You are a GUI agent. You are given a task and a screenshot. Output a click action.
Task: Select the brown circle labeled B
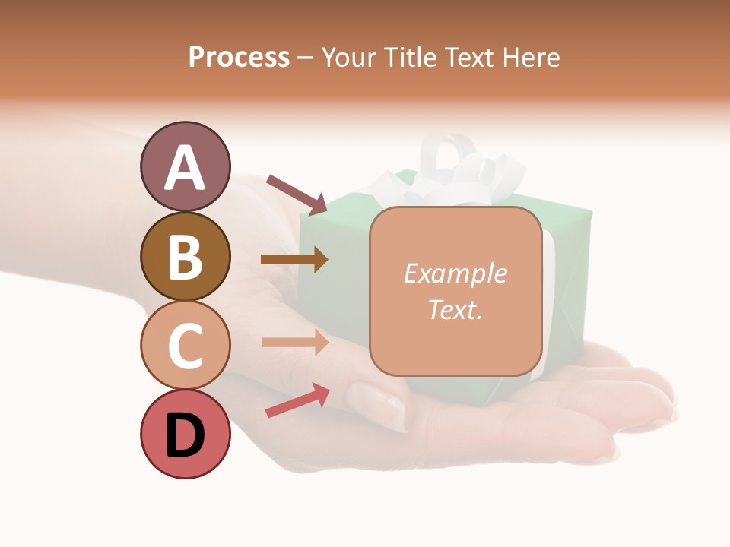(185, 256)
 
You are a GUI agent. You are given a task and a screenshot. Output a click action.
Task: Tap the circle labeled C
(185, 345)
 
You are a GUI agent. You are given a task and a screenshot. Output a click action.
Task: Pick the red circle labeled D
(185, 434)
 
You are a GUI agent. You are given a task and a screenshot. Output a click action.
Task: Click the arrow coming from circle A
(296, 194)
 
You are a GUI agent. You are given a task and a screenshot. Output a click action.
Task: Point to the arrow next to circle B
(294, 259)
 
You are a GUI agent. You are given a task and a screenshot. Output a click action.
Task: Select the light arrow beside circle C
(294, 342)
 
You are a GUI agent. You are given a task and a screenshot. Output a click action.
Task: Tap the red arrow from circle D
(297, 400)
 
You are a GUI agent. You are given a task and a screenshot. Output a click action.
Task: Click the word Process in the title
(239, 57)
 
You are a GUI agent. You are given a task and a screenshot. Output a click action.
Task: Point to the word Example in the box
(455, 273)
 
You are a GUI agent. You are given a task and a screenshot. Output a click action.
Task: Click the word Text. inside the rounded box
(455, 310)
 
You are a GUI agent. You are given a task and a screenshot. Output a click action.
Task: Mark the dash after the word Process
(306, 58)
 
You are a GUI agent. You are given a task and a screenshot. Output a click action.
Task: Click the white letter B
(185, 256)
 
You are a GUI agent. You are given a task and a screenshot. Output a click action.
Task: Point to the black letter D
(185, 435)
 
